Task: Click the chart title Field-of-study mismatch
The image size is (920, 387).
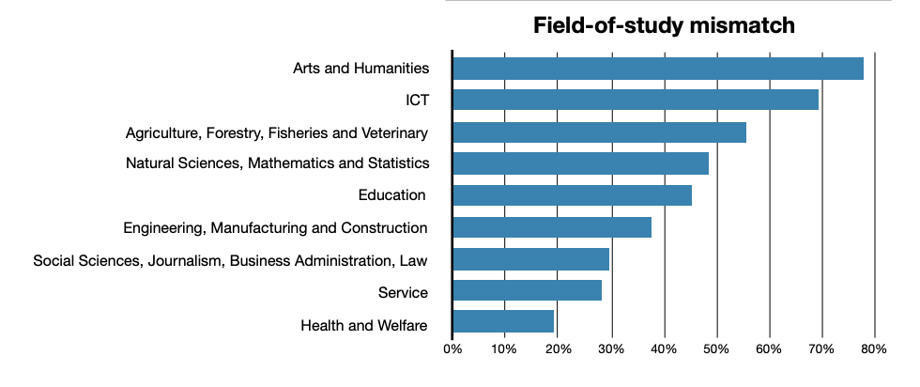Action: point(664,25)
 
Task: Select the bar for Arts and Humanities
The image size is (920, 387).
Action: point(657,69)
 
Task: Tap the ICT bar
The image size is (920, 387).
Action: point(635,100)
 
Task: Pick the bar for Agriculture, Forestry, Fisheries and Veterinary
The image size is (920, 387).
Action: point(599,132)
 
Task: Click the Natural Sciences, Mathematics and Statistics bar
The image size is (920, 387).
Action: point(580,163)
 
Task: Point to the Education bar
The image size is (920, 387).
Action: point(572,195)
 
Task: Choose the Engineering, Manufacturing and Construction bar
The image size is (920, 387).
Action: point(551,227)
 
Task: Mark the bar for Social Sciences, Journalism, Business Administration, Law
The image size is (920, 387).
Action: point(530,259)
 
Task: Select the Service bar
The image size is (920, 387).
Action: point(527,291)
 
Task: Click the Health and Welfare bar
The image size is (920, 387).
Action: point(503,323)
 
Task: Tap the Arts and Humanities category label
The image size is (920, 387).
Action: point(360,69)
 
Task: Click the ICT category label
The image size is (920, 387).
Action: point(417,100)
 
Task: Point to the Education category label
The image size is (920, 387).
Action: point(392,195)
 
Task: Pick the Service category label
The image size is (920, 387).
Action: point(403,292)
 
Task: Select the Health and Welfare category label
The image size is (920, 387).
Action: point(364,326)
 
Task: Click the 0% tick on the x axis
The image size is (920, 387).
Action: point(452,350)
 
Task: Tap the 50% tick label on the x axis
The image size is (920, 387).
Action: point(717,350)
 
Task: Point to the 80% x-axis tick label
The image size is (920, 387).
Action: point(874,350)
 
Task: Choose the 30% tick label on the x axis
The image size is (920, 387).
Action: point(611,350)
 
